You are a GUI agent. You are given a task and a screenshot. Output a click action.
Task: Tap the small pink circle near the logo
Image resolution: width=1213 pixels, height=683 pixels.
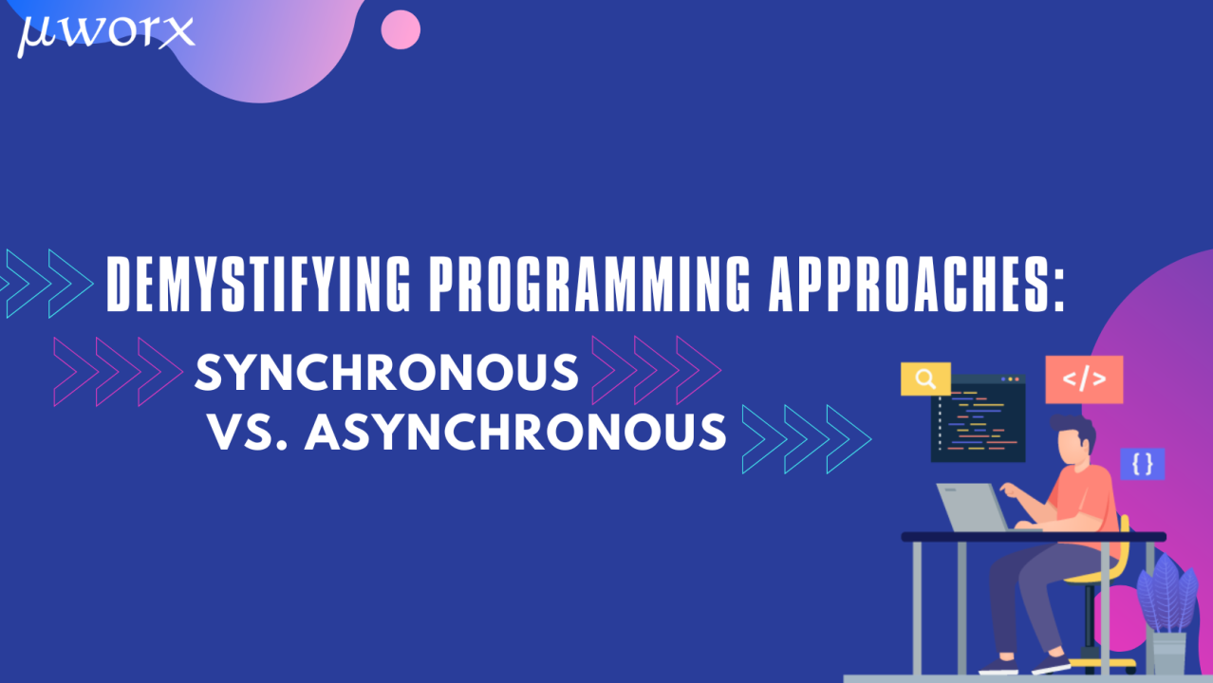[x=401, y=29]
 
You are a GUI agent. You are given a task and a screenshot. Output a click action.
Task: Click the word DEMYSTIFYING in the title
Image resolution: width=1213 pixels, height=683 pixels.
[x=258, y=285]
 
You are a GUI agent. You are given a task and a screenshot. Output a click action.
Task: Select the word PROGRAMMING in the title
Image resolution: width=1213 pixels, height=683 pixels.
[x=590, y=285]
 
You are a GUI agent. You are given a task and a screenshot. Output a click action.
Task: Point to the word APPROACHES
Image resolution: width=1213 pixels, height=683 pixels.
[x=908, y=285]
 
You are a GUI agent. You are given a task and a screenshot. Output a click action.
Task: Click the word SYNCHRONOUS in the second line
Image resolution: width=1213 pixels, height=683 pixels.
[x=386, y=373]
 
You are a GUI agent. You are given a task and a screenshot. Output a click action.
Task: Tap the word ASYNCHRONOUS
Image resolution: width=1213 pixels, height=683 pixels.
[x=515, y=432]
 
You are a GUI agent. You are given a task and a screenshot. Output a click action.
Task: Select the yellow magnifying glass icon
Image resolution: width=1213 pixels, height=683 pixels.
[x=925, y=378]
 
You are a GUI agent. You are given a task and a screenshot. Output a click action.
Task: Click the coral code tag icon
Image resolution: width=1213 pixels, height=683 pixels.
[x=1084, y=379]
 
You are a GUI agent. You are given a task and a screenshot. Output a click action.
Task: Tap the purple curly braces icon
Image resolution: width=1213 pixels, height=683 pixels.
[x=1143, y=464]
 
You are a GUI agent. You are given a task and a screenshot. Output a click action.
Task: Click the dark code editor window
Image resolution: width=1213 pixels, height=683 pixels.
[x=978, y=418]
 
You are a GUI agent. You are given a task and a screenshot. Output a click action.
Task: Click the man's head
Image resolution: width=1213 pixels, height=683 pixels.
[x=1073, y=439]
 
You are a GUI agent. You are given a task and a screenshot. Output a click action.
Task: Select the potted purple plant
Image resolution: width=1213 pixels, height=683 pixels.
[x=1168, y=615]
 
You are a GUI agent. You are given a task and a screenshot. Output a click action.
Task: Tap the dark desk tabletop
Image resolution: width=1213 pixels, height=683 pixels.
[x=1034, y=537]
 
